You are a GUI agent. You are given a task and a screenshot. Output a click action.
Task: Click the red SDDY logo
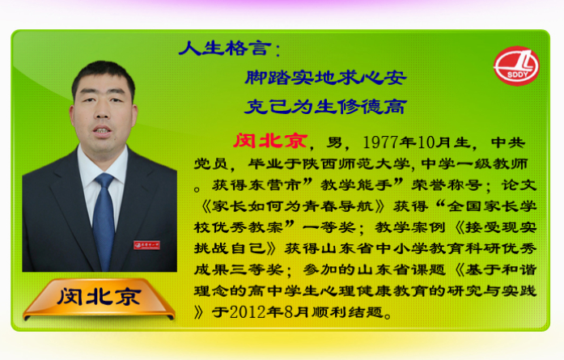[x=516, y=66]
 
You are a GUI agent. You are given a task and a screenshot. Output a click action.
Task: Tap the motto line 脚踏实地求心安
[x=325, y=78]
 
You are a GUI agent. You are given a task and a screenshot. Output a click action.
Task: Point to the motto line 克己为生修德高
[x=325, y=107]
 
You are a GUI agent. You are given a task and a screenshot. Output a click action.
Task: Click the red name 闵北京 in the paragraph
[x=270, y=141]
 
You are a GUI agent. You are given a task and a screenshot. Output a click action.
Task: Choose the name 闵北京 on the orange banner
[x=99, y=297]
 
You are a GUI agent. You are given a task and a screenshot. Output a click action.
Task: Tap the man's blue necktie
[x=104, y=219]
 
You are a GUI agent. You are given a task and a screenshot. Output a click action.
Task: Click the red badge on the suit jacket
[x=146, y=245]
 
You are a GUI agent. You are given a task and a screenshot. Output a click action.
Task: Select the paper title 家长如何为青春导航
[x=293, y=206]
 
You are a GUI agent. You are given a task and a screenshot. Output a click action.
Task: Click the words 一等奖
[x=329, y=227]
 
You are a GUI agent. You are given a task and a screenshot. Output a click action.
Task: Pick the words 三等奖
[x=257, y=269]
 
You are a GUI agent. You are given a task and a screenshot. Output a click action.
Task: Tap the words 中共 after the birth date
[x=508, y=142]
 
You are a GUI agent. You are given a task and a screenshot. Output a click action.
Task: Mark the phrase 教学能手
[x=356, y=185]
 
